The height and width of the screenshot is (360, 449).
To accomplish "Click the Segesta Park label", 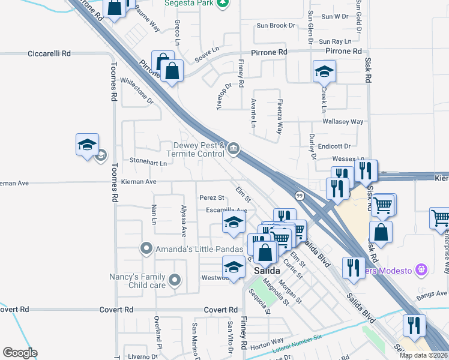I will [x=189, y=3].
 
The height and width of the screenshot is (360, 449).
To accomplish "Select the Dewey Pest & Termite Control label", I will [x=199, y=150].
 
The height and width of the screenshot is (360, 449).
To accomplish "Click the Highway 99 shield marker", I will [x=298, y=195].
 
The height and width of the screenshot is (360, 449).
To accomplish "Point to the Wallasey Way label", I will [x=343, y=122].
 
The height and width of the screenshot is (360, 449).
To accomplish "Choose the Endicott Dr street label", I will [x=334, y=146].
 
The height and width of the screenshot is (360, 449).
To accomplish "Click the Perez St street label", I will [x=211, y=197].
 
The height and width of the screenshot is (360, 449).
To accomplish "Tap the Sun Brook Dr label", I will [x=276, y=26].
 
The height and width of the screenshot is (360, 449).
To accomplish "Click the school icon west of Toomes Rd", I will [x=87, y=145].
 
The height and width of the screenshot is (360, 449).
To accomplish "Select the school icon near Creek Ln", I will [x=324, y=73].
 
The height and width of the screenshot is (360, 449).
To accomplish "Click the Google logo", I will [x=20, y=353].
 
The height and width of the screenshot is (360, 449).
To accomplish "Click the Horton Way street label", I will [x=259, y=347].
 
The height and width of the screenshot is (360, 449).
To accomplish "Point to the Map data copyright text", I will [x=423, y=355].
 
